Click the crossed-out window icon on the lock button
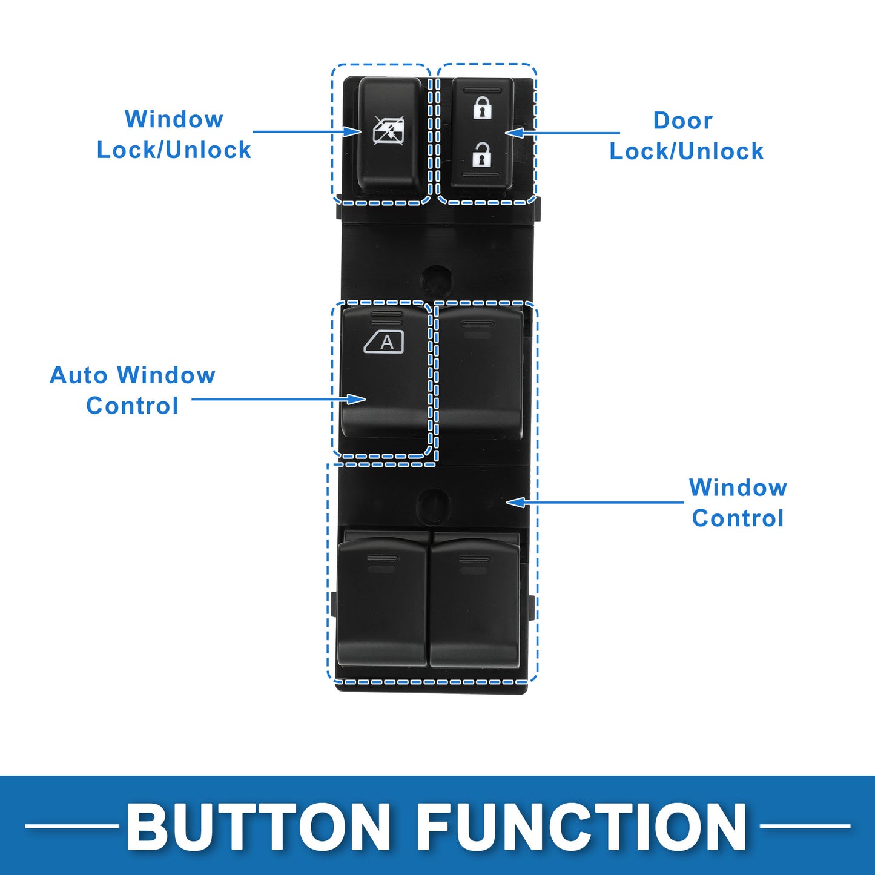pos(389,130)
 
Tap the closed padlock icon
pos(482,108)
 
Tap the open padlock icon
pos(482,154)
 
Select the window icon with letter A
pos(384,342)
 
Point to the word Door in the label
pos(682,121)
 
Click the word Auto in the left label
pos(79,375)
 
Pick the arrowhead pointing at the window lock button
pos(352,131)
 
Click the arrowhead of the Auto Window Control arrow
pos(356,399)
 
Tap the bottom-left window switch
pos(382,600)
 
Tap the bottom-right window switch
pos(475,600)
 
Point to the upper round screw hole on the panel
pos(437,280)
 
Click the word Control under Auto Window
pos(132,406)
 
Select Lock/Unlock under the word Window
pos(174,150)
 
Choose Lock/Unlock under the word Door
pos(686,151)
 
